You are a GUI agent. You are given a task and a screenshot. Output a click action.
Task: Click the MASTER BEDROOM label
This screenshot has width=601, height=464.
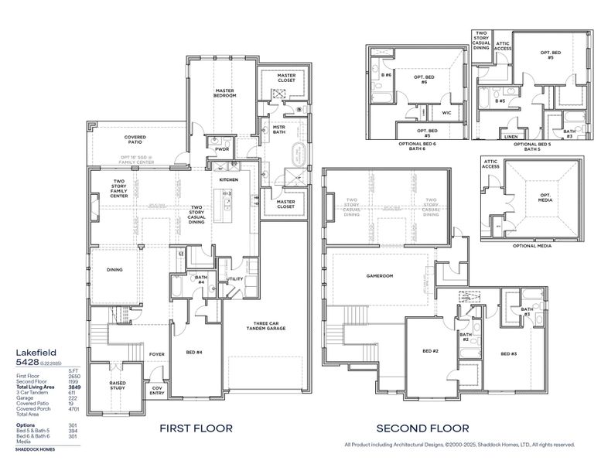224,93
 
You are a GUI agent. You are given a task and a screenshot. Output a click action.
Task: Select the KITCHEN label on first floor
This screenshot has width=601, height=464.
228,179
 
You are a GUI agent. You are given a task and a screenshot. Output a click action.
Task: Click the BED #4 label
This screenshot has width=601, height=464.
194,352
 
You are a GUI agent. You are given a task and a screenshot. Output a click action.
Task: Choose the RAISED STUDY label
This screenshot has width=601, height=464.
118,385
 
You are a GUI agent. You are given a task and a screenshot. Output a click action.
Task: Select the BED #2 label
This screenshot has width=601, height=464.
431,351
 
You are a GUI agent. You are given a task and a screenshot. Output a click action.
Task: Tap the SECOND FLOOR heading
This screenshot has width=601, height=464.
422,428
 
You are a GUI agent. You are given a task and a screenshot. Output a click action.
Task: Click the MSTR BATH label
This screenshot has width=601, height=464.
279,129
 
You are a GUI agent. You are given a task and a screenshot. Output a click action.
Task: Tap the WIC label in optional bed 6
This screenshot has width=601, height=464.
446,113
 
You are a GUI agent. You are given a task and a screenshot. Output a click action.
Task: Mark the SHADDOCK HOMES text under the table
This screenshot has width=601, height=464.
35,448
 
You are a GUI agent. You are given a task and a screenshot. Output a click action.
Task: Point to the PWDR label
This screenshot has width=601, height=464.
222,149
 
